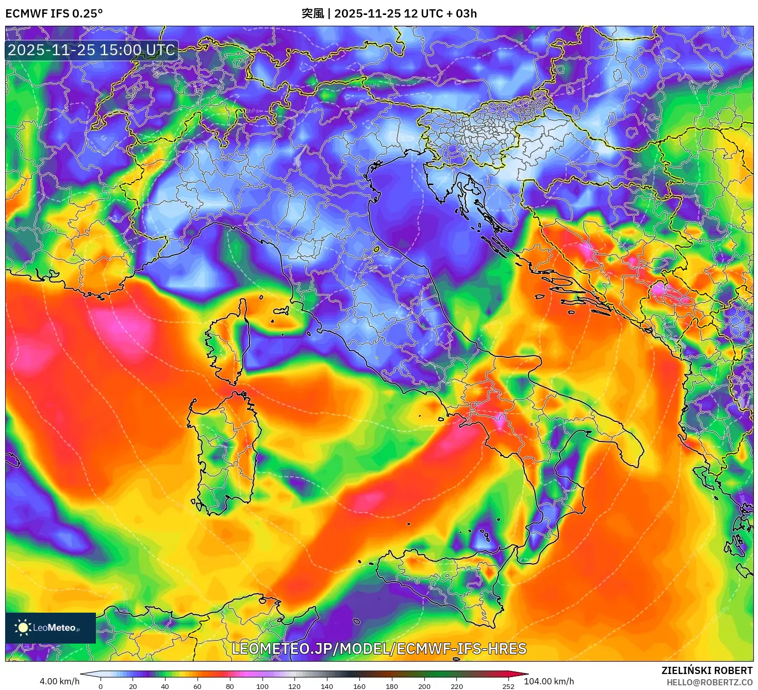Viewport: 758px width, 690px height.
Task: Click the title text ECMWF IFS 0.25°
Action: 54,13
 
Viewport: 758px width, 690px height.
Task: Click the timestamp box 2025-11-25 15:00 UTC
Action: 91,50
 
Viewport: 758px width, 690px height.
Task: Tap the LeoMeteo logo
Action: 50,628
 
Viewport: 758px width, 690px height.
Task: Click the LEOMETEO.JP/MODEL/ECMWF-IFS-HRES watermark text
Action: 379,649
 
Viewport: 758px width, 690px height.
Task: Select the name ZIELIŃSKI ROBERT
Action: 707,670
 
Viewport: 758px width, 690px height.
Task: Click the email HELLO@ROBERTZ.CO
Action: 709,682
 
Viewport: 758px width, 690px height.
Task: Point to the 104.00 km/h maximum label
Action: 549,681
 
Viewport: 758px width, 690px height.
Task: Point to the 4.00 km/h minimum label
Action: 60,681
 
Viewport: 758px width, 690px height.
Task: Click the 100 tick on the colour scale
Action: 262,686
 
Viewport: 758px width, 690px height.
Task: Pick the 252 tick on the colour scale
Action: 508,686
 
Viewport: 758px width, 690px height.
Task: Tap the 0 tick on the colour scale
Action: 101,686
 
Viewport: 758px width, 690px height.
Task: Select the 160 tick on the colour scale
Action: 359,686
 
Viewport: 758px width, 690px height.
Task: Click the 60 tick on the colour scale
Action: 197,686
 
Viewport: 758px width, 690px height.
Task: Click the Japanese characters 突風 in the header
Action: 312,13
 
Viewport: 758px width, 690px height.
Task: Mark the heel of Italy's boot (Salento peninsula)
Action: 627,443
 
